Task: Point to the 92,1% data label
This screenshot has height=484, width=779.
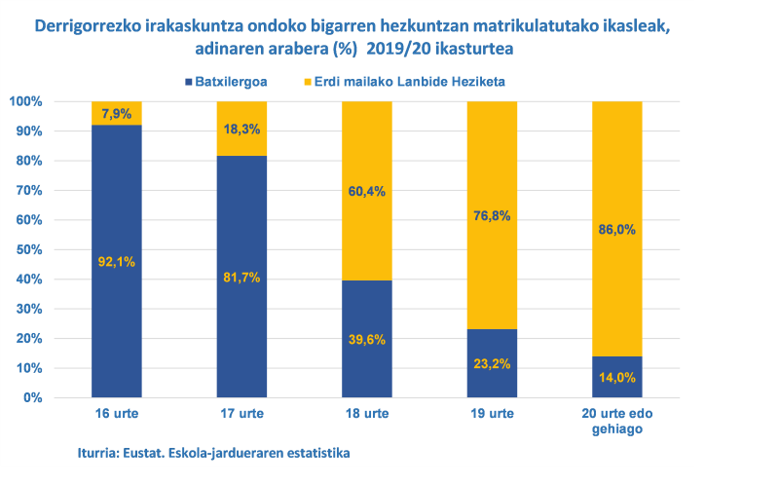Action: (x=116, y=260)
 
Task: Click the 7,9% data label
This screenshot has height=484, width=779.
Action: (x=116, y=115)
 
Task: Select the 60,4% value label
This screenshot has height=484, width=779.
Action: (x=366, y=191)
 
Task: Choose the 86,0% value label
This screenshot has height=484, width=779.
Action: (x=617, y=231)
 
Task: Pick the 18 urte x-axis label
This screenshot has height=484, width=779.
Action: (x=366, y=414)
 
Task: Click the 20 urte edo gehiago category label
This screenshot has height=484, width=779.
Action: (x=617, y=422)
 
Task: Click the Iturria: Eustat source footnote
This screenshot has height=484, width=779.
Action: (x=213, y=453)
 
